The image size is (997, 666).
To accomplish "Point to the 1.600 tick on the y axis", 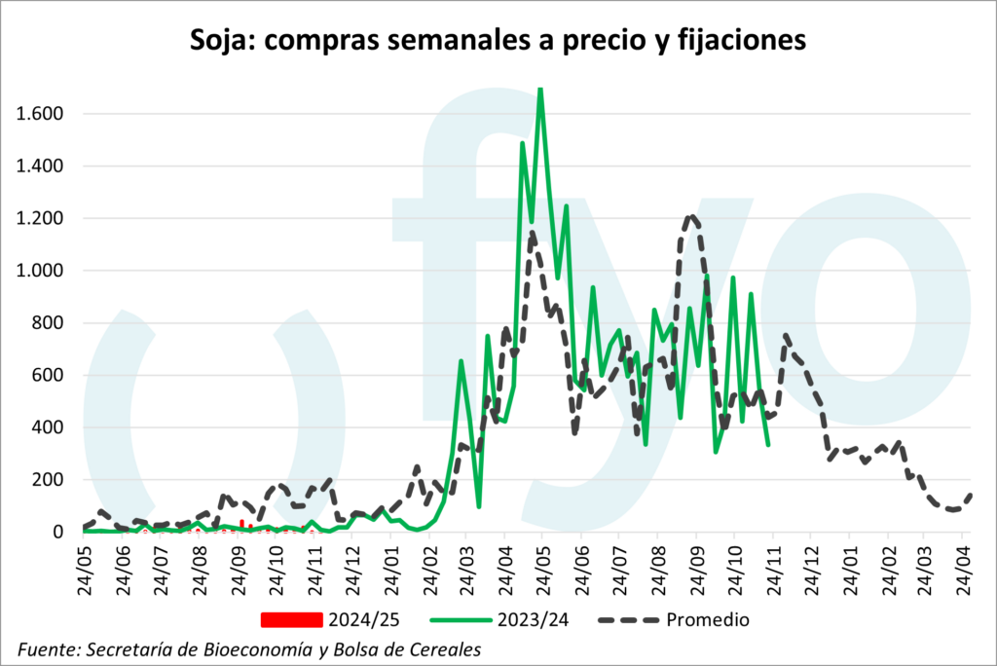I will [x=40, y=114].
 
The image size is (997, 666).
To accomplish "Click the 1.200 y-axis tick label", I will [x=40, y=218].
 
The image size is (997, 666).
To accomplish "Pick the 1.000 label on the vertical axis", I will [x=40, y=271].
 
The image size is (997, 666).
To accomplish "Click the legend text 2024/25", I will [x=364, y=619].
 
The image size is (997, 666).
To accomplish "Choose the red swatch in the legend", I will [x=290, y=619].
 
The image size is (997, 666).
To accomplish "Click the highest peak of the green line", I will [x=540, y=90].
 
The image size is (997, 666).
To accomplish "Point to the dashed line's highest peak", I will [x=690, y=216].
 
